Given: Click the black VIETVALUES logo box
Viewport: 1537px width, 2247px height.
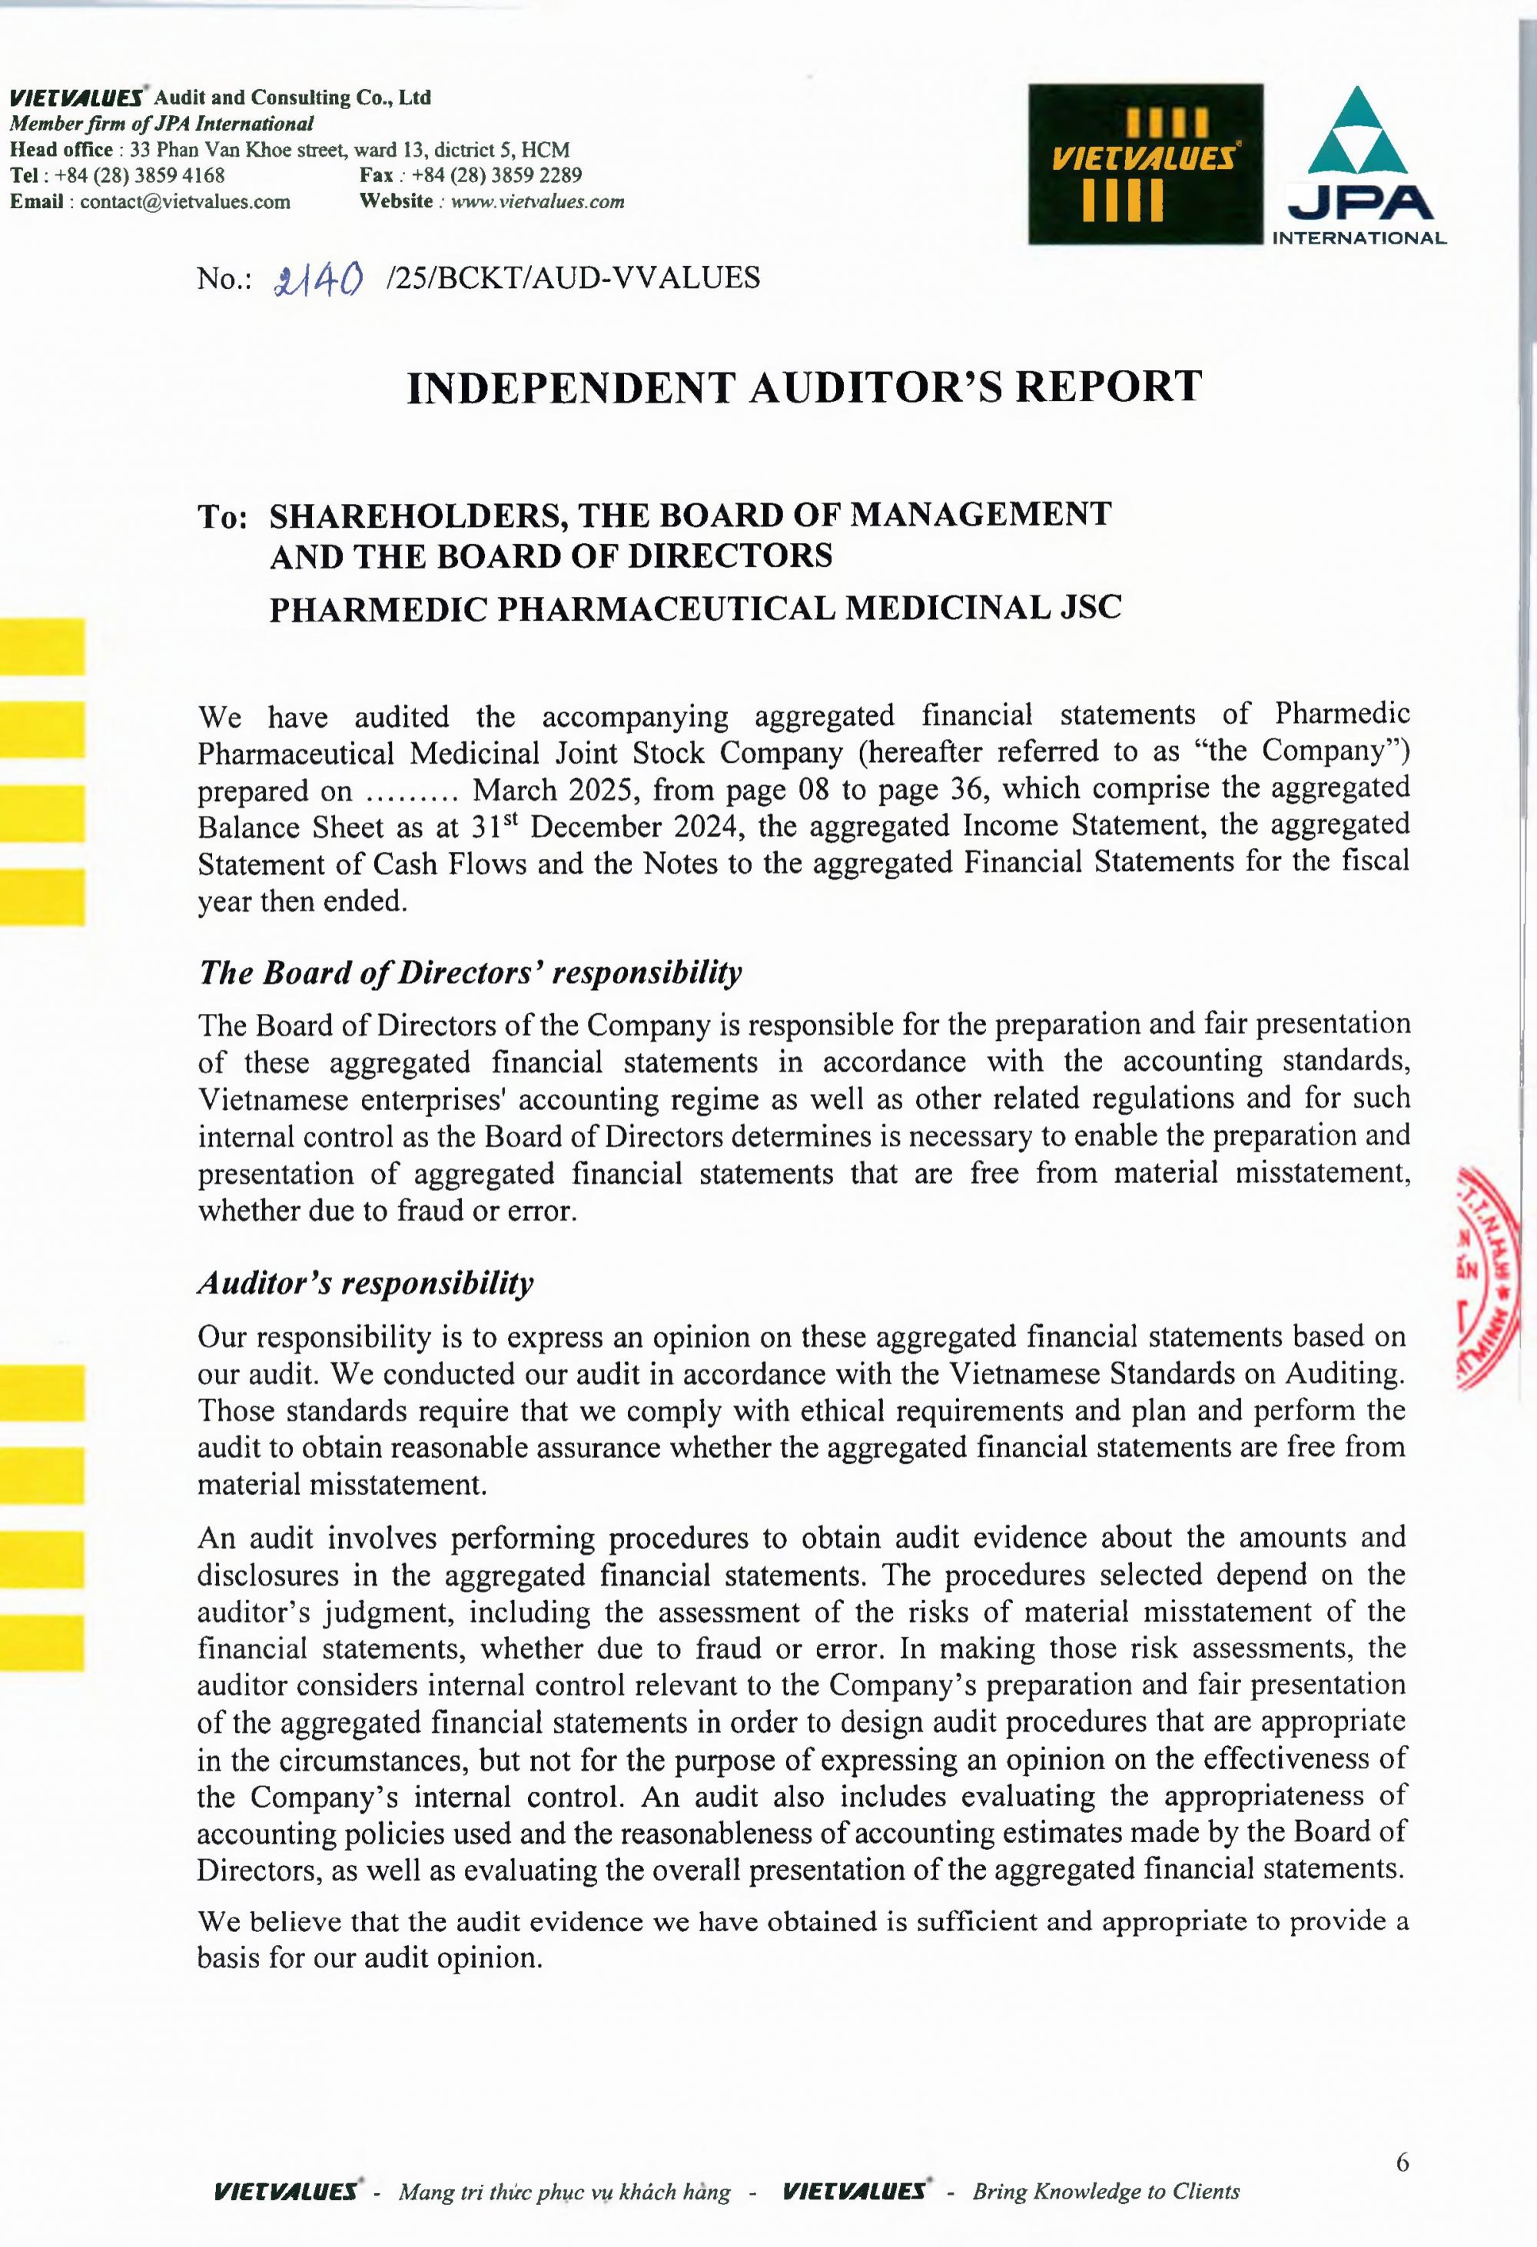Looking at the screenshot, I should click(1145, 164).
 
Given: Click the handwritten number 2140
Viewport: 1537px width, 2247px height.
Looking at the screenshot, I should click(318, 280).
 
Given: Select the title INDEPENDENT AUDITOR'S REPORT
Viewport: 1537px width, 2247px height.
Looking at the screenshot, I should click(804, 386).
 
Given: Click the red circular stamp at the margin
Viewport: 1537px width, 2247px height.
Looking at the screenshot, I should click(1489, 1276).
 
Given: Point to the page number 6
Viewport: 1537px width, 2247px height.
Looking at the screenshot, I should click(1402, 2162).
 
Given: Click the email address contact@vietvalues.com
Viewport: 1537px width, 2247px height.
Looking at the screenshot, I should click(184, 201).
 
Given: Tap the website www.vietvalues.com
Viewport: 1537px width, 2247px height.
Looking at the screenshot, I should click(537, 201).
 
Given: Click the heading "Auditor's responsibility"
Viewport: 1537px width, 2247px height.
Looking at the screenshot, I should click(366, 1283).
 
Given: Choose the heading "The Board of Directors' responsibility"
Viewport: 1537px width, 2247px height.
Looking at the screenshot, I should click(470, 972).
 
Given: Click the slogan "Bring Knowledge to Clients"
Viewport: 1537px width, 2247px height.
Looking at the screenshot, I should click(1106, 2190).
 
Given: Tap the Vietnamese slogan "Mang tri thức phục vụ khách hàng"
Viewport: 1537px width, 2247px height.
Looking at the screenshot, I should click(564, 2191).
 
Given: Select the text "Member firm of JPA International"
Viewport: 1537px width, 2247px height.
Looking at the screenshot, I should click(161, 124).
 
